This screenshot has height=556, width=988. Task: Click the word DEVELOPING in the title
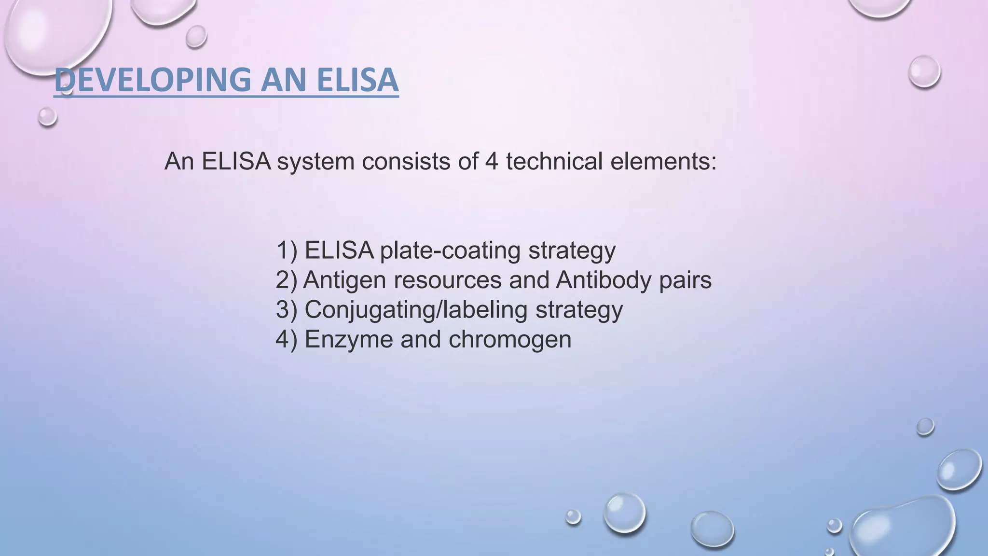click(x=152, y=80)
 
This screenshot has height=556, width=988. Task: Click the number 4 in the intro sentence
click(x=491, y=161)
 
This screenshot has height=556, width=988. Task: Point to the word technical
click(x=554, y=161)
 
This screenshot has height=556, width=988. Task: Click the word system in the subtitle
click(x=316, y=162)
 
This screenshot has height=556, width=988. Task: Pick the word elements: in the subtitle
click(x=663, y=161)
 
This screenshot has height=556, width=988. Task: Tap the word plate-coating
click(x=450, y=250)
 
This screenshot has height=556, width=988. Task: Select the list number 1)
click(x=287, y=250)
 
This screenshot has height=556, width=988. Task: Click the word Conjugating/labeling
click(x=416, y=310)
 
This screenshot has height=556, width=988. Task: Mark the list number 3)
click(x=287, y=310)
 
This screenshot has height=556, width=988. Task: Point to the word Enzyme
click(x=349, y=339)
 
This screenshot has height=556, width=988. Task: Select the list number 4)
click(x=287, y=339)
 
